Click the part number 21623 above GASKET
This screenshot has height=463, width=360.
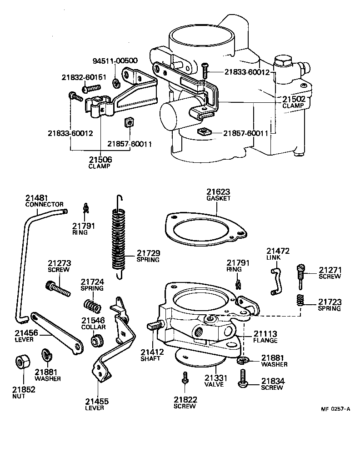click(218, 191)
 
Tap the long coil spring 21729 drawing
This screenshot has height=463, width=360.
click(118, 239)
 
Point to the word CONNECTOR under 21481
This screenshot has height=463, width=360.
click(44, 204)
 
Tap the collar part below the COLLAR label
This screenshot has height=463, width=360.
click(97, 340)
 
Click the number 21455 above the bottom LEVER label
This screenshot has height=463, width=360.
click(97, 401)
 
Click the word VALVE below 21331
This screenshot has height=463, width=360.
click(214, 384)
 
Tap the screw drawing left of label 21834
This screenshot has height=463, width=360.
click(243, 378)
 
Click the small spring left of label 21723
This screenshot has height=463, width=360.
click(300, 301)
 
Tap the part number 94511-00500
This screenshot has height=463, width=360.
click(115, 60)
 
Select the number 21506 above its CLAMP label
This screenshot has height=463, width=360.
click(100, 160)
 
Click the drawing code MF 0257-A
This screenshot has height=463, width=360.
click(335, 408)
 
